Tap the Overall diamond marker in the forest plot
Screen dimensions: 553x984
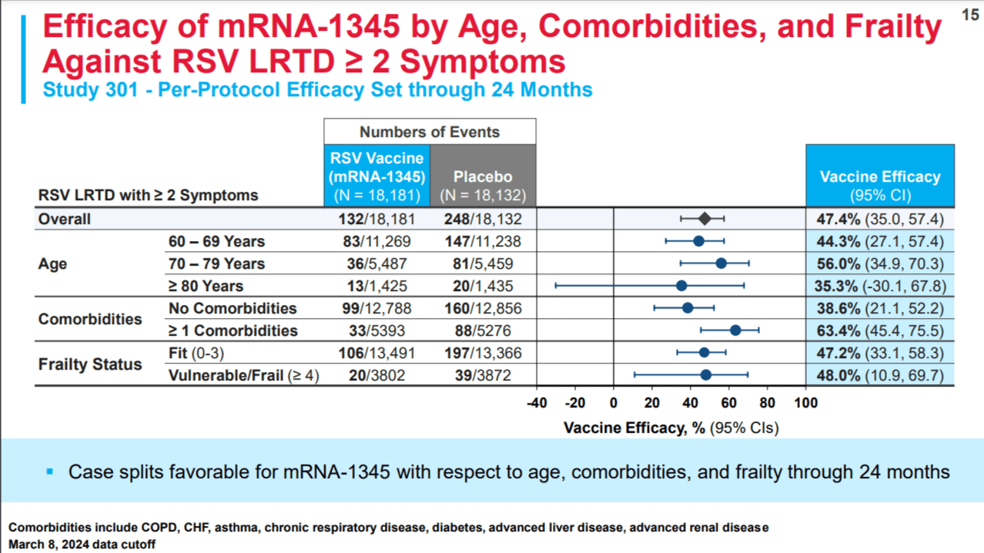[705, 219]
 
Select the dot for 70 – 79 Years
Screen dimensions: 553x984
[721, 263]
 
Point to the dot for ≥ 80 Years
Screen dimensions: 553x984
[681, 286]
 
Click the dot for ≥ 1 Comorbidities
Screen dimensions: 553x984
[735, 330]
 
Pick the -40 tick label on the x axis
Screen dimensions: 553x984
[537, 403]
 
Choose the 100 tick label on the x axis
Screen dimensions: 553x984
[806, 403]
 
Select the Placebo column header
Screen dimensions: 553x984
[483, 186]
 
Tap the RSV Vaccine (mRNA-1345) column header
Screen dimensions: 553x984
[377, 176]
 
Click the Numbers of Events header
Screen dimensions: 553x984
[430, 132]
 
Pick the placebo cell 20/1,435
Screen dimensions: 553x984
[483, 286]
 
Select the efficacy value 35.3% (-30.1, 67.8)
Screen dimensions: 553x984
[880, 286]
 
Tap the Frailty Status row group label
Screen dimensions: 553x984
[90, 364]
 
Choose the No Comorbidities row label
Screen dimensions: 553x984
[233, 308]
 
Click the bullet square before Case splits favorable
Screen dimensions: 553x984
[50, 471]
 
